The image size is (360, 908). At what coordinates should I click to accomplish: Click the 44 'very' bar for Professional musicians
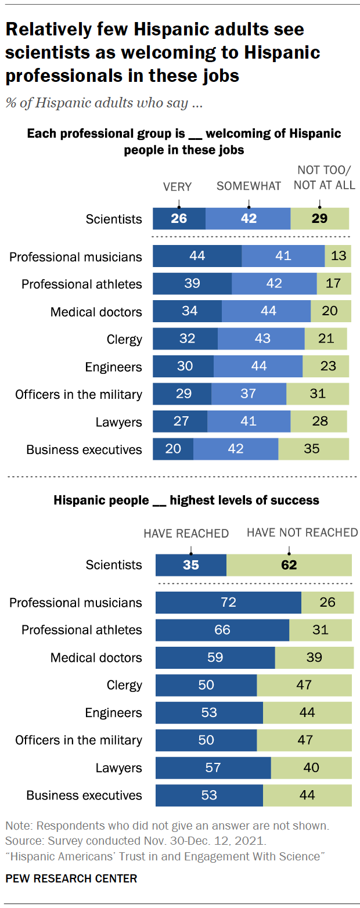[197, 256]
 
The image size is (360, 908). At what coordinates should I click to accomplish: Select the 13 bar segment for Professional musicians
[338, 256]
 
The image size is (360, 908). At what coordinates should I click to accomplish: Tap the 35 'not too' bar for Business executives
[314, 449]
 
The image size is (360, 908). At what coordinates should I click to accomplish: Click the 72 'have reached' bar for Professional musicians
[228, 602]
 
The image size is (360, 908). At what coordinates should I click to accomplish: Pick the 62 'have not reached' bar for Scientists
[289, 565]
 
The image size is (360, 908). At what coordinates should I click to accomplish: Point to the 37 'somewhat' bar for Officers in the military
[249, 394]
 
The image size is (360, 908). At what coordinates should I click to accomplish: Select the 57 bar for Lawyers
[213, 768]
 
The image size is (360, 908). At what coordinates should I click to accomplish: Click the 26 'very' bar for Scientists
[179, 219]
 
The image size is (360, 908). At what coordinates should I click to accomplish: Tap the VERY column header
[177, 186]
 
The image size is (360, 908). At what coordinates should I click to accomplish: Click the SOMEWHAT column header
[249, 186]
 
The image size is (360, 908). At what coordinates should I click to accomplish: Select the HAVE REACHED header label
[186, 533]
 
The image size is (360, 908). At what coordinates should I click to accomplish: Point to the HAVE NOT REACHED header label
[303, 532]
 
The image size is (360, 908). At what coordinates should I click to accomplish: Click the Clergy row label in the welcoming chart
[124, 339]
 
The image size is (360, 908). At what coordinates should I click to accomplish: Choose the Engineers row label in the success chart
[113, 712]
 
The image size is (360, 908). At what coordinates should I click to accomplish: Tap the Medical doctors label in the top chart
[96, 312]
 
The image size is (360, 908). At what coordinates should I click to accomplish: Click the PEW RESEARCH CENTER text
[71, 878]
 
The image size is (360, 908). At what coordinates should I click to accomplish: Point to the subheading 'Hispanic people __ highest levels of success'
[186, 500]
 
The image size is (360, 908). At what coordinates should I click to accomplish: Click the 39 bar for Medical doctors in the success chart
[314, 657]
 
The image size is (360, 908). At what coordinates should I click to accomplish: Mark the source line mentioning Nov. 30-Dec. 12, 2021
[105, 840]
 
